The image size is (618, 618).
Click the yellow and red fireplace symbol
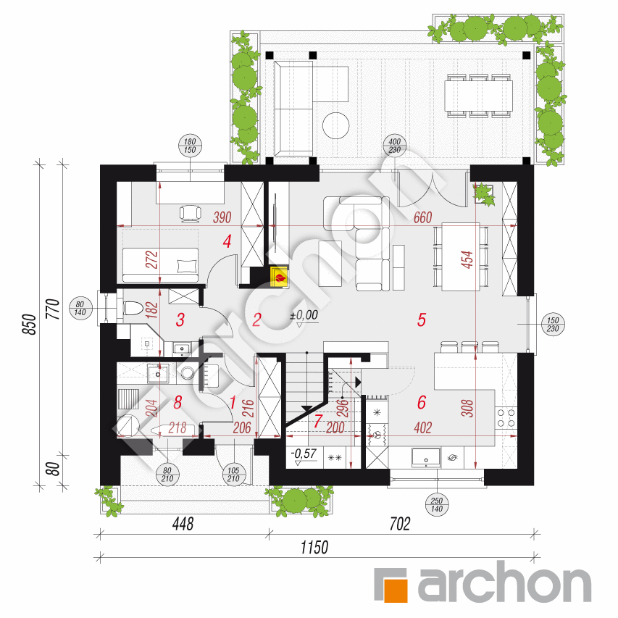point(277,275)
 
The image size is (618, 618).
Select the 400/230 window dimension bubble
point(394,145)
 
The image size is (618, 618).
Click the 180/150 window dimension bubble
point(191,145)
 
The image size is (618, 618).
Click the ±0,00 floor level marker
point(304,316)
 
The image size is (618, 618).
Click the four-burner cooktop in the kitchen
point(505,417)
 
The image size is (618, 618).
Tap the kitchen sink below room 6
point(425,456)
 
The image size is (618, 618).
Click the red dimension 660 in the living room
point(422,217)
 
